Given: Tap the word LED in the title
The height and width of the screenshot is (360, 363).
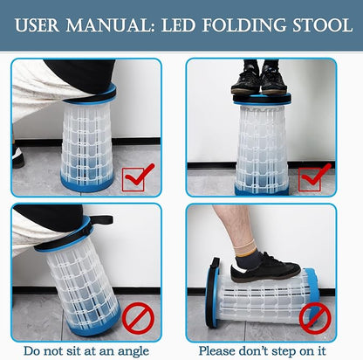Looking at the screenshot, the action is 178,25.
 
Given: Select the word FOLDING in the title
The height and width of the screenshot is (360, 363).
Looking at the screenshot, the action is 244,25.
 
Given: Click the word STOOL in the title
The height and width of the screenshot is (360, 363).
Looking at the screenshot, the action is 323,25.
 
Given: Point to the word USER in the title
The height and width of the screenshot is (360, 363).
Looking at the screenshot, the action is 37,25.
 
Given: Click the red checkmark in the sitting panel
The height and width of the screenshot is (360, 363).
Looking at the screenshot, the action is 137,177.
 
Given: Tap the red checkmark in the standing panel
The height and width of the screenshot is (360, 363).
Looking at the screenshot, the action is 313,177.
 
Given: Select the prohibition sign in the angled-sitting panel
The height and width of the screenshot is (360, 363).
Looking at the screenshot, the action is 138,317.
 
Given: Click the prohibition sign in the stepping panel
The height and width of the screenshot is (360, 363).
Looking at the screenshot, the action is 315,318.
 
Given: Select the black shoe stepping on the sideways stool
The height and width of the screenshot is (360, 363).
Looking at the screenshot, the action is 264,268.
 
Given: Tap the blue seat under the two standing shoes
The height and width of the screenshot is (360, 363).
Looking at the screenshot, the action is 262,99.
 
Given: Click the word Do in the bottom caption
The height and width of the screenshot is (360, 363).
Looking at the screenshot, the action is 31,351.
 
